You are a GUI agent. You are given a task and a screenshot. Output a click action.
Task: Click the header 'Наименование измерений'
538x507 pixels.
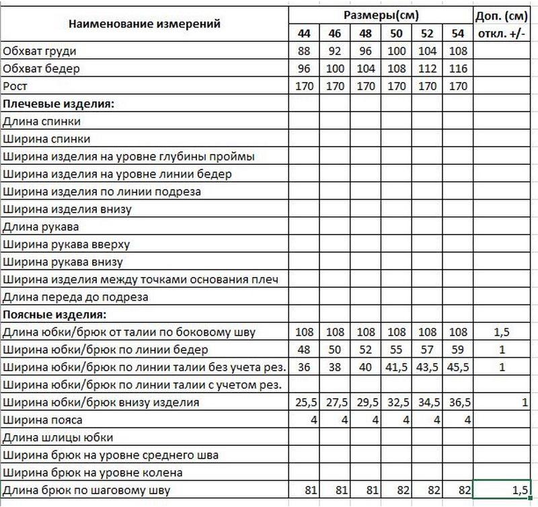(x=145, y=24)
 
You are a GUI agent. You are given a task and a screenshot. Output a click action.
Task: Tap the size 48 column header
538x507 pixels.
(x=365, y=33)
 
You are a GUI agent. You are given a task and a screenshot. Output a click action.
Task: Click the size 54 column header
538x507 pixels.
(x=458, y=33)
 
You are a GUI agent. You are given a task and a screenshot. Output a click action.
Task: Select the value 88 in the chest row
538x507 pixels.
(x=303, y=50)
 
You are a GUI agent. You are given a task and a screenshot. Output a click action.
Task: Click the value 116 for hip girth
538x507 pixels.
(x=458, y=68)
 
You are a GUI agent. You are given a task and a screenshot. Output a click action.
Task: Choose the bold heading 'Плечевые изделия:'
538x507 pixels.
(x=59, y=104)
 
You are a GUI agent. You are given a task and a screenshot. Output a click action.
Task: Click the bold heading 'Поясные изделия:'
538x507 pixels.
(x=55, y=314)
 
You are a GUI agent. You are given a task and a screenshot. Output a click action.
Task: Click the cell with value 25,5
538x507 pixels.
(x=303, y=402)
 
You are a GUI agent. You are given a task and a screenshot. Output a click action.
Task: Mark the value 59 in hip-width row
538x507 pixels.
(x=458, y=350)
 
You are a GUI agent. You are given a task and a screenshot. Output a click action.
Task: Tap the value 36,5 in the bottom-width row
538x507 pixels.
(x=458, y=402)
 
